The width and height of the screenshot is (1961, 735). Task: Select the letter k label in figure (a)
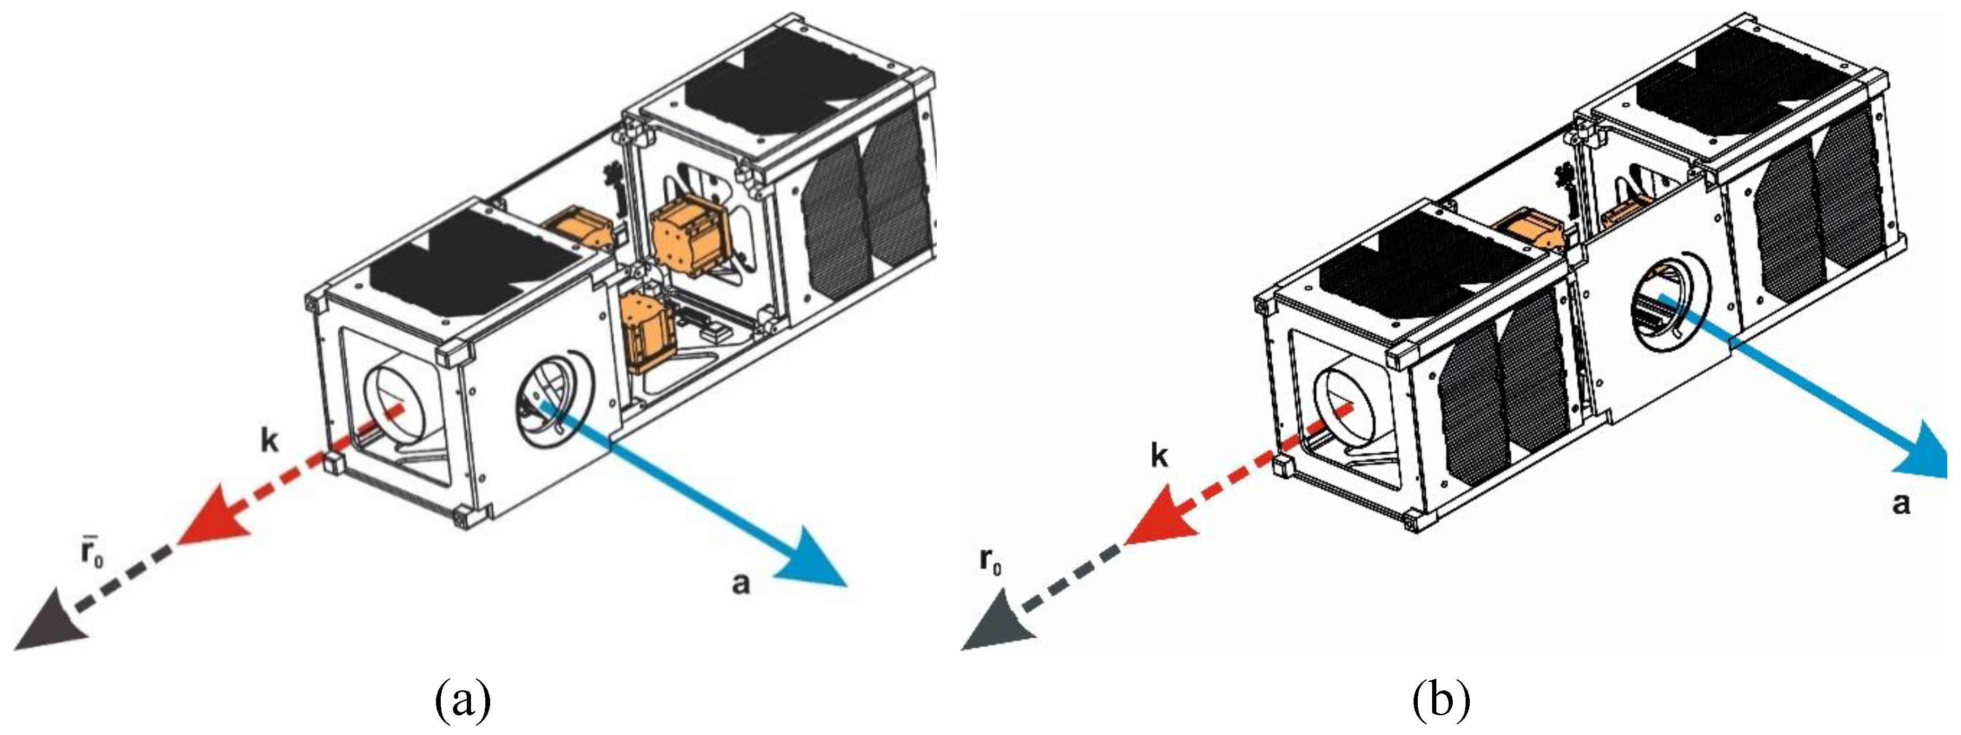tap(270, 441)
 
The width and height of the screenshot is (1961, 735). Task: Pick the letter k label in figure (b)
tap(1159, 455)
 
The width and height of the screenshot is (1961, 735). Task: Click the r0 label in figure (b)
tap(990, 562)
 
